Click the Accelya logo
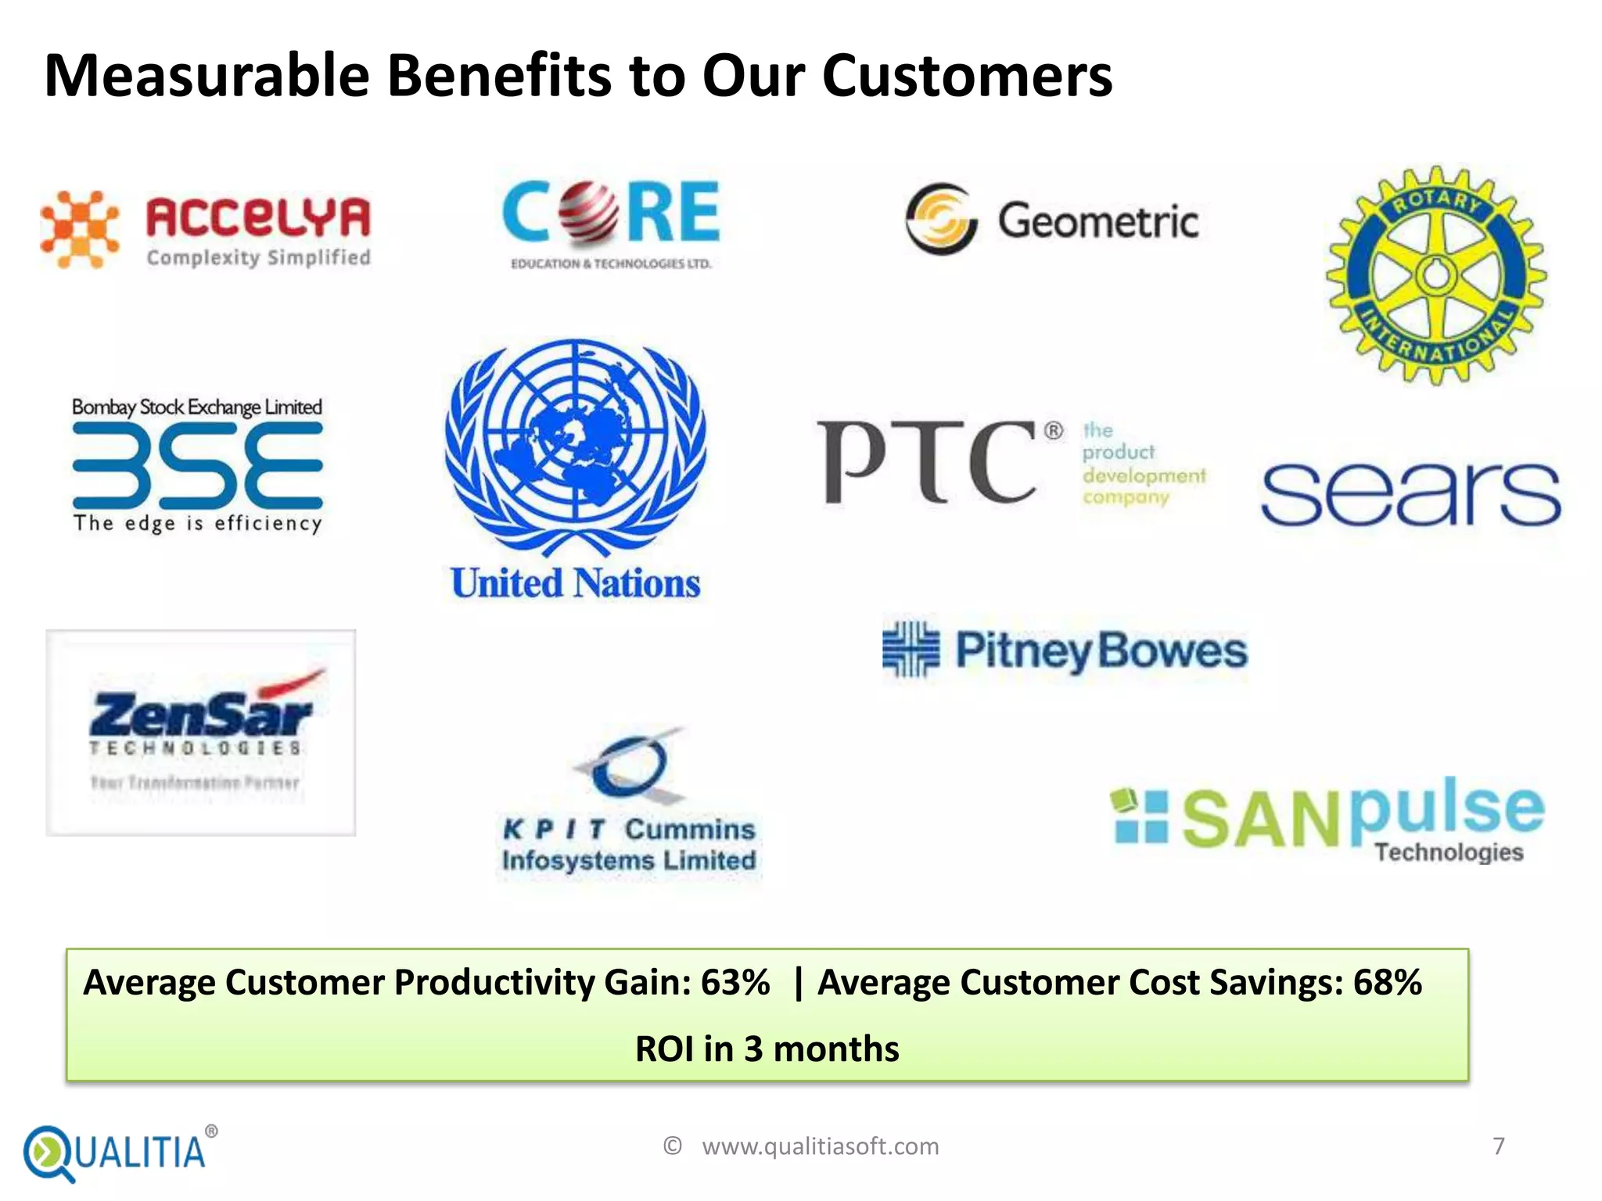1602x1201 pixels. coord(206,231)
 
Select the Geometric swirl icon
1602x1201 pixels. coord(941,219)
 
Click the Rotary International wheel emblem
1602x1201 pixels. coord(1436,275)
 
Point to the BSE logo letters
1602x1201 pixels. coord(197,465)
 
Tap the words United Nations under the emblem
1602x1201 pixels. coord(576,583)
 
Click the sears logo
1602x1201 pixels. coord(1410,494)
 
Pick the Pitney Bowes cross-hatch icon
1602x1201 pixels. coord(911,649)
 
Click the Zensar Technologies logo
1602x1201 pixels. coord(200,732)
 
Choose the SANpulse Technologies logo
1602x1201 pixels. coord(1327,819)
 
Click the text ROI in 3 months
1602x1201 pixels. coord(767,1049)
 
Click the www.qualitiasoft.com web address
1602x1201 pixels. coord(820,1146)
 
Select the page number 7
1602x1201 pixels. coord(1498,1146)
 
